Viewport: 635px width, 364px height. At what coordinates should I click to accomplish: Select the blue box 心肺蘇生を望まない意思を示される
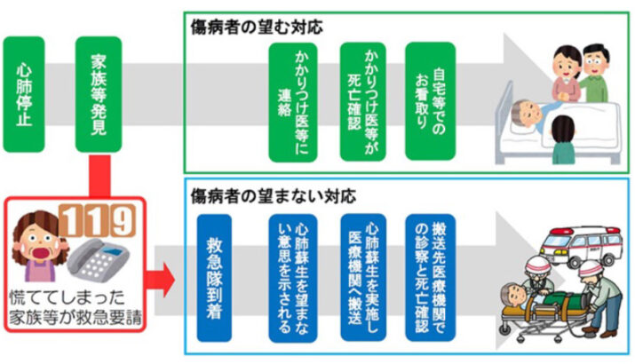click(289, 274)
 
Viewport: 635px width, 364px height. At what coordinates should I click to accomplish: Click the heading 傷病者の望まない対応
click(261, 194)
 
